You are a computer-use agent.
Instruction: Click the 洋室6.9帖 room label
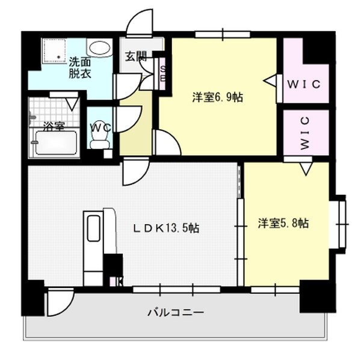point(217,97)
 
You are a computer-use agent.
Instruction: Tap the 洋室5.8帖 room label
point(283,224)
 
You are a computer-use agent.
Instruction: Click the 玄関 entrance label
point(136,57)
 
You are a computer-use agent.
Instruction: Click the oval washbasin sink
point(99,47)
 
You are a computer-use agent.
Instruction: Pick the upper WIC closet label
point(306,84)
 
